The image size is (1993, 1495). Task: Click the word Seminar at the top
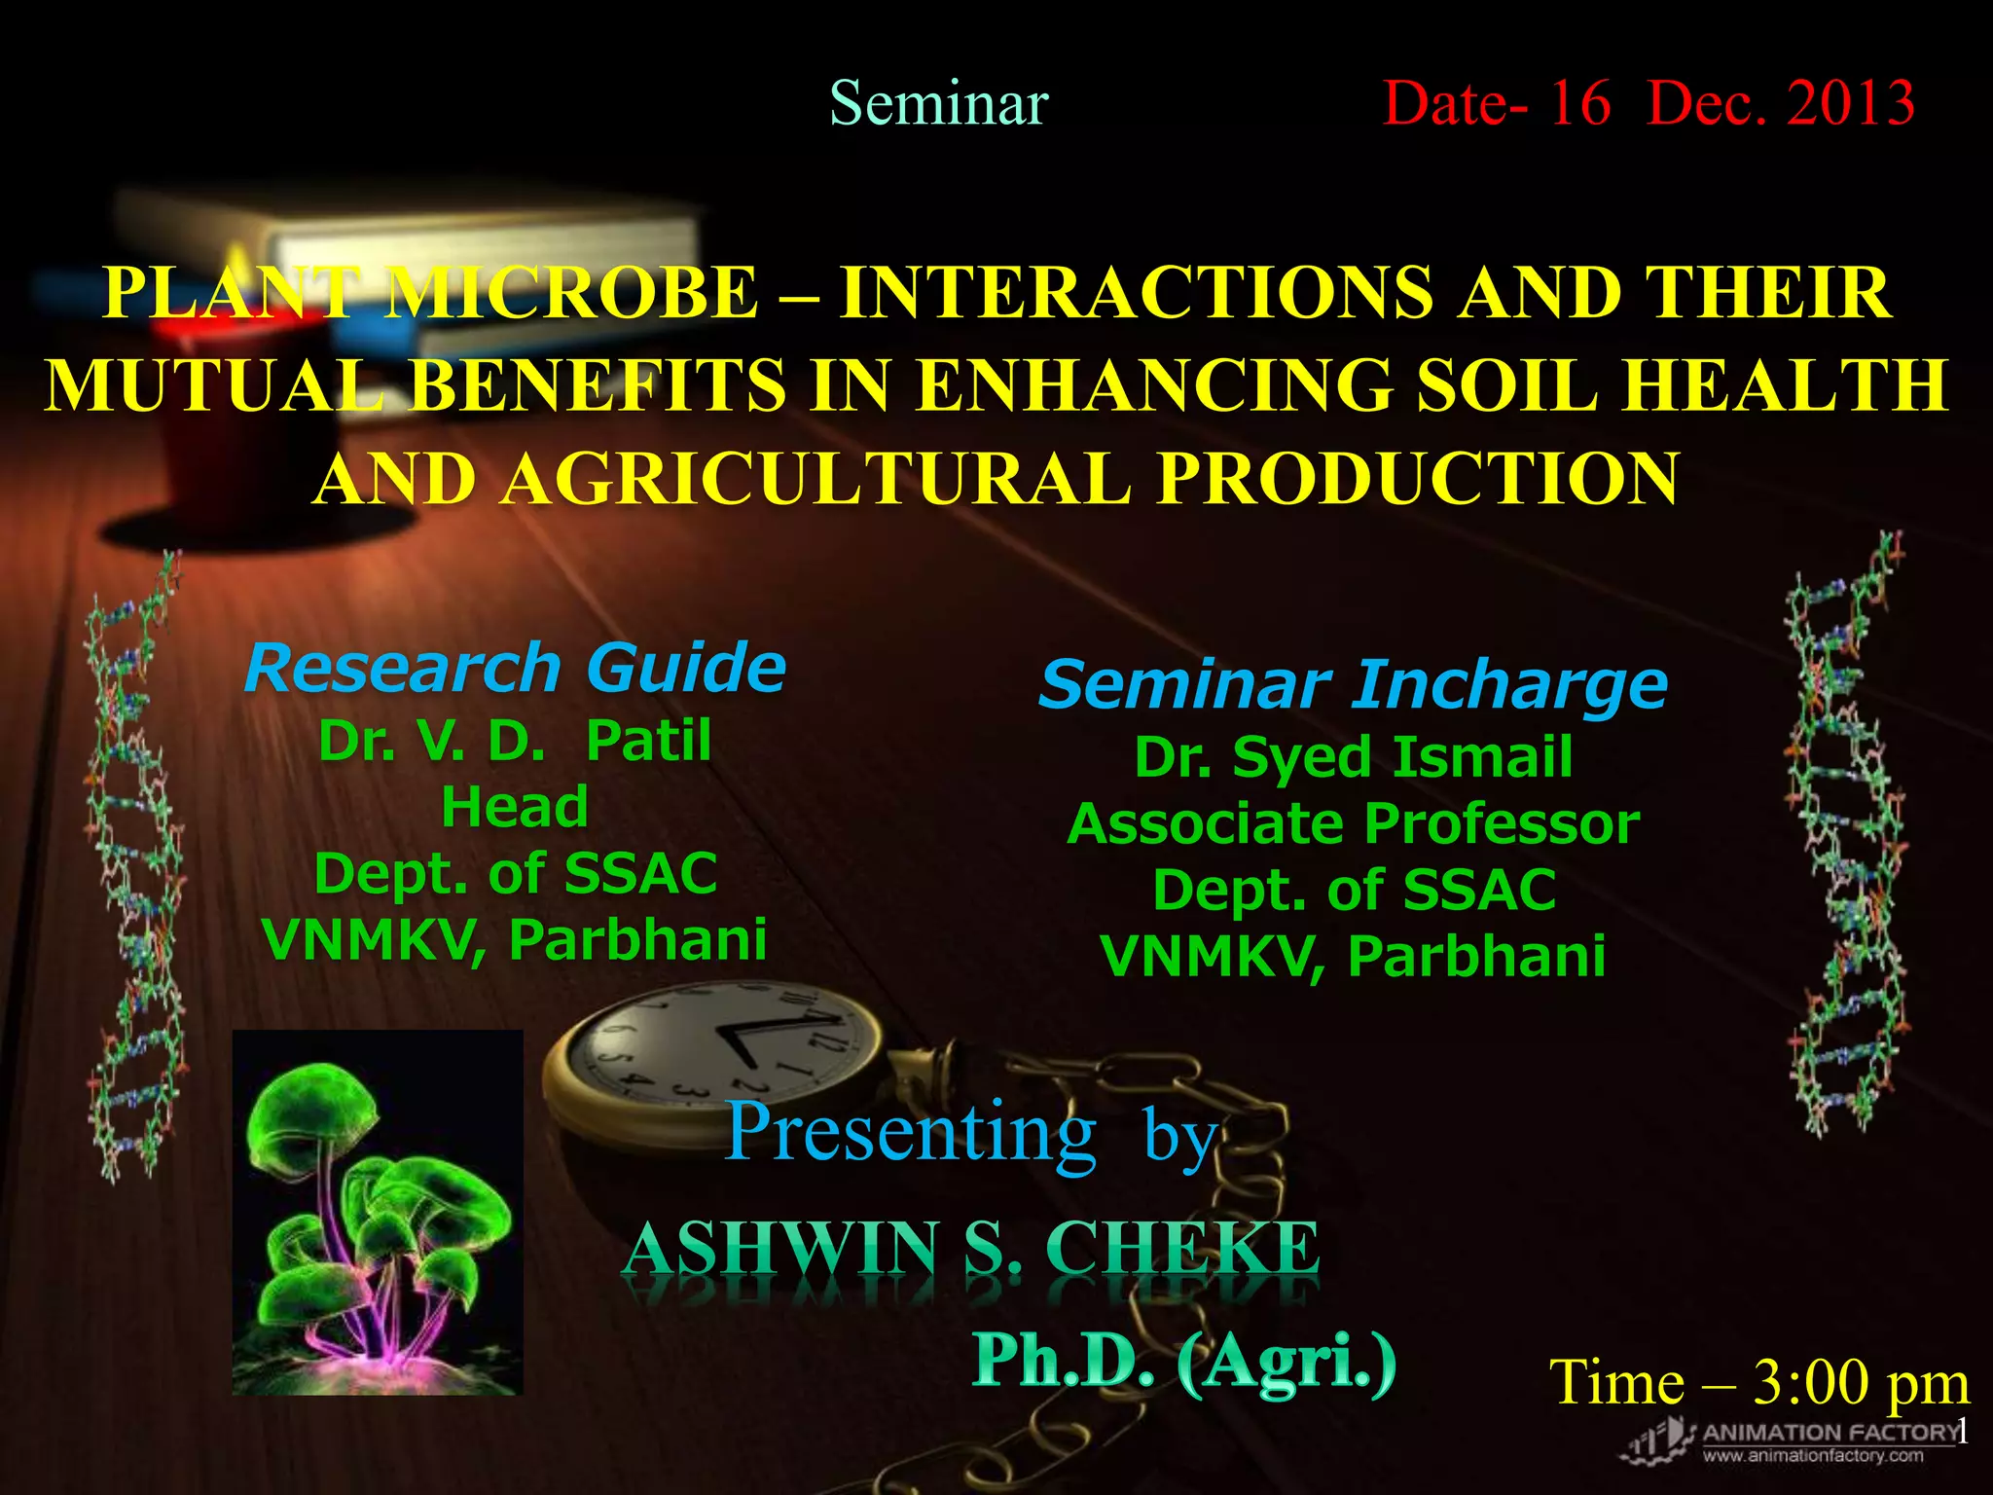pyautogui.click(x=938, y=103)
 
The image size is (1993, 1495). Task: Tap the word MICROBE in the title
pyautogui.click(x=571, y=292)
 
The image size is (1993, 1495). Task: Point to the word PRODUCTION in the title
pyautogui.click(x=1417, y=479)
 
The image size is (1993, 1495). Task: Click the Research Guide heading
pyautogui.click(x=515, y=669)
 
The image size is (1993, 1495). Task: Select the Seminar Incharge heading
pyautogui.click(x=1353, y=684)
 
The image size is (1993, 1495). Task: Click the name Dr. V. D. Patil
pyautogui.click(x=515, y=741)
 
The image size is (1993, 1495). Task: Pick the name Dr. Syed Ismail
pyautogui.click(x=1353, y=757)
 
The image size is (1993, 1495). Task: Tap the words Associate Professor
pyautogui.click(x=1353, y=824)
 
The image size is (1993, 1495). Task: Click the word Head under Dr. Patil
pyautogui.click(x=515, y=807)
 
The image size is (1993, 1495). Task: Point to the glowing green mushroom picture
pyautogui.click(x=378, y=1212)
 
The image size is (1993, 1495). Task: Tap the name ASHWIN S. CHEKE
pyautogui.click(x=970, y=1250)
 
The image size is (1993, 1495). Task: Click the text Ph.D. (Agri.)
pyautogui.click(x=1184, y=1362)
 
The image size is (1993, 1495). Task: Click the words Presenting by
pyautogui.click(x=970, y=1134)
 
